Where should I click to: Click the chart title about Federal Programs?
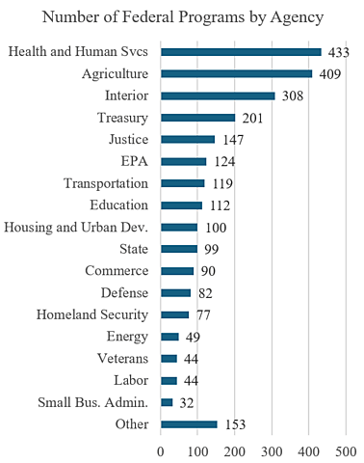(x=182, y=16)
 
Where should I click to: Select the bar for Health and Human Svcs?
(x=241, y=52)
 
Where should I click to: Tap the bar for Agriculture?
(x=236, y=73)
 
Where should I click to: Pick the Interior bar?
(x=218, y=95)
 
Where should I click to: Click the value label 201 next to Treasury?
(x=252, y=118)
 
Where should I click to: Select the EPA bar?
(x=183, y=161)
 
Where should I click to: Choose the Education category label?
(x=119, y=204)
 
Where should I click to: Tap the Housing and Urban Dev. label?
(x=76, y=227)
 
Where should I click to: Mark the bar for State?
(x=178, y=249)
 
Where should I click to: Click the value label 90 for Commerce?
(x=208, y=271)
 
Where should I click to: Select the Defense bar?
(x=175, y=292)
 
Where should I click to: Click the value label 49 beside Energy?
(x=193, y=337)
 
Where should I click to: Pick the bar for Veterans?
(x=169, y=358)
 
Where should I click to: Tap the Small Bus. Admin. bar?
(x=167, y=402)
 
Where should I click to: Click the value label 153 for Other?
(x=235, y=424)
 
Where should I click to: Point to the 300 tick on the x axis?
(x=273, y=449)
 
